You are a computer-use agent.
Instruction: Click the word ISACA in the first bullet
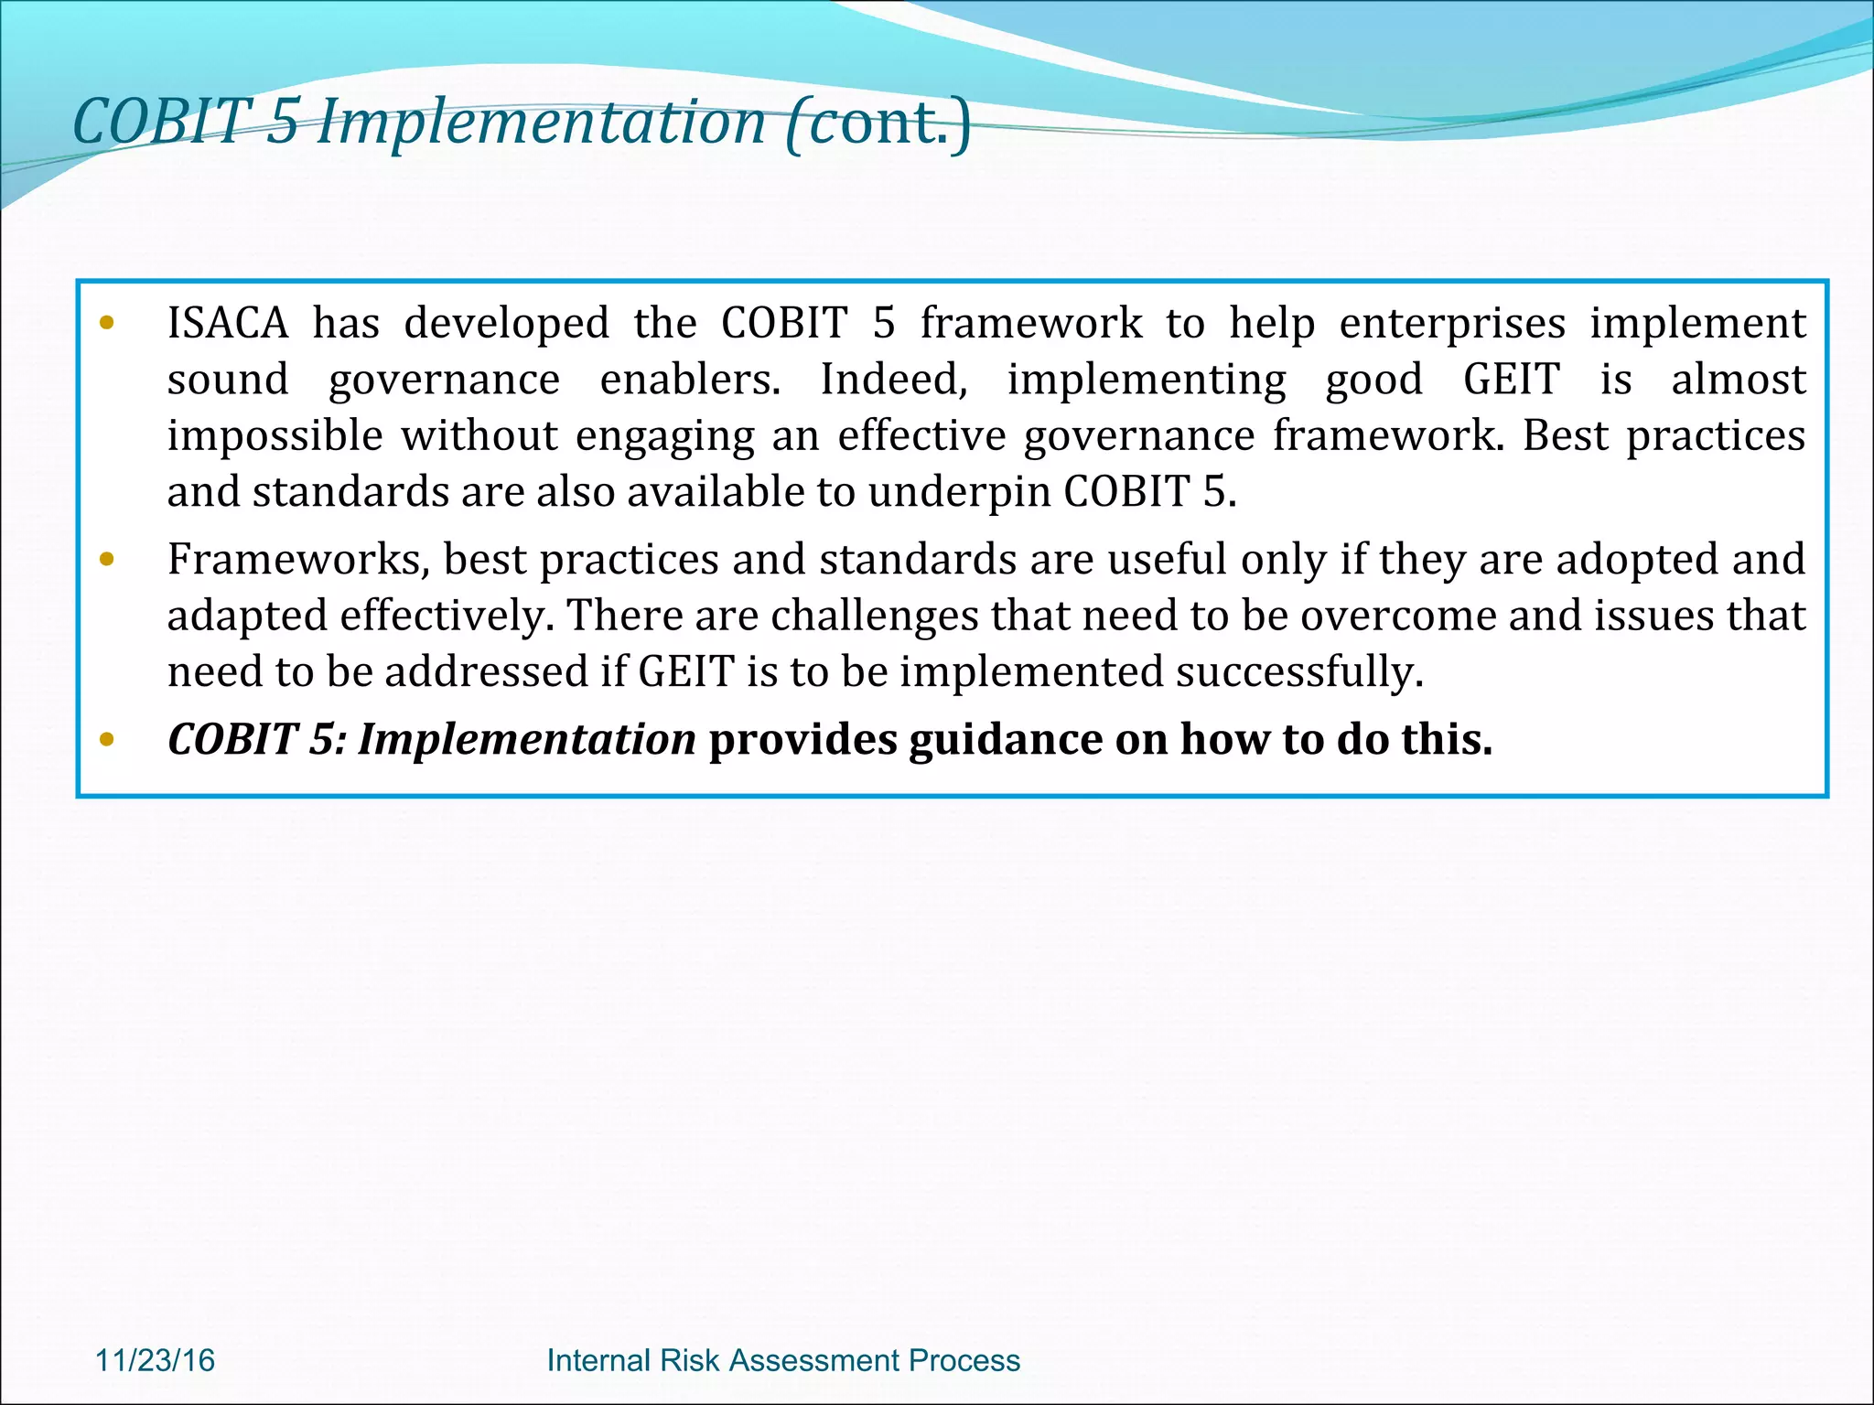227,324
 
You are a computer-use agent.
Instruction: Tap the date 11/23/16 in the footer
155,1360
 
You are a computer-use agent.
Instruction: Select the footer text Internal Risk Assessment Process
782,1360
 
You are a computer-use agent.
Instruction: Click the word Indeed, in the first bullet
893,380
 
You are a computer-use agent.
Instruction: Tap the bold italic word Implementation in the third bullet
526,739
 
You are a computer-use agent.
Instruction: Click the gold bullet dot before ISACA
107,323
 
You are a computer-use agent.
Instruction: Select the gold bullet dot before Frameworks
107,559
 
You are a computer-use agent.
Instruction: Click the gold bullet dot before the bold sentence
107,739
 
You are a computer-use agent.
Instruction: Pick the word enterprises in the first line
1452,324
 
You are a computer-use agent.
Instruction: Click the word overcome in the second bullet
1397,616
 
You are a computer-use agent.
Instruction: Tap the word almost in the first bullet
1738,380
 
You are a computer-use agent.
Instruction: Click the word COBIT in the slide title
161,123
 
